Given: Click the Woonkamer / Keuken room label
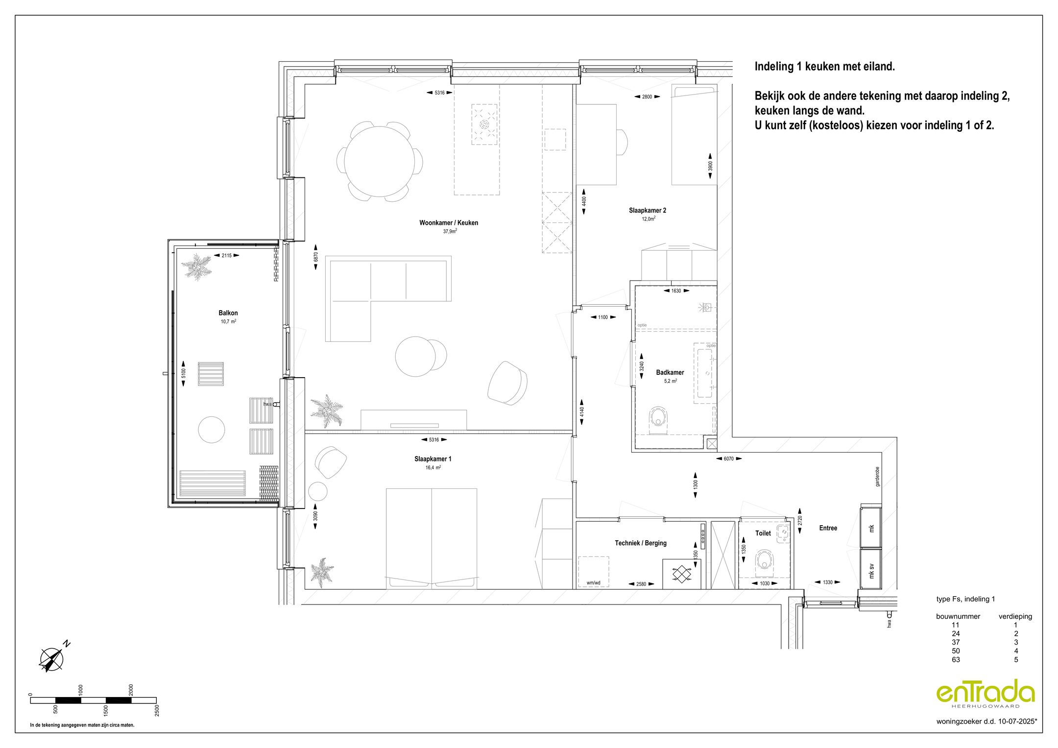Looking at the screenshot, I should [x=448, y=223].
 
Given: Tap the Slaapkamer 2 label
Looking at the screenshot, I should [x=647, y=211].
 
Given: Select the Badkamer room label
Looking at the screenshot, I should [x=670, y=372].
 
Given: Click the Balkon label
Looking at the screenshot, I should [x=228, y=313].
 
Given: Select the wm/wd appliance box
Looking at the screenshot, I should [x=593, y=572].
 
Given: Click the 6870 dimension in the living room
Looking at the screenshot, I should [x=316, y=257].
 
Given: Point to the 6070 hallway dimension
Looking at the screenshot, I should [x=728, y=459].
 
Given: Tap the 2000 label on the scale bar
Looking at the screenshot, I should [x=131, y=690].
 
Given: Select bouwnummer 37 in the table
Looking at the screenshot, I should [x=956, y=642].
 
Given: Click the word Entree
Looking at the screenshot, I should [x=828, y=528].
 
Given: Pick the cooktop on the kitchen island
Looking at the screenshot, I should [x=484, y=124].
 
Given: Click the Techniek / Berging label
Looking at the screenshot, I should [x=640, y=543].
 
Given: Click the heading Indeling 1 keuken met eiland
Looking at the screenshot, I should [x=824, y=67].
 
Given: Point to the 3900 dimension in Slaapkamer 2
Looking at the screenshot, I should [x=710, y=166].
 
